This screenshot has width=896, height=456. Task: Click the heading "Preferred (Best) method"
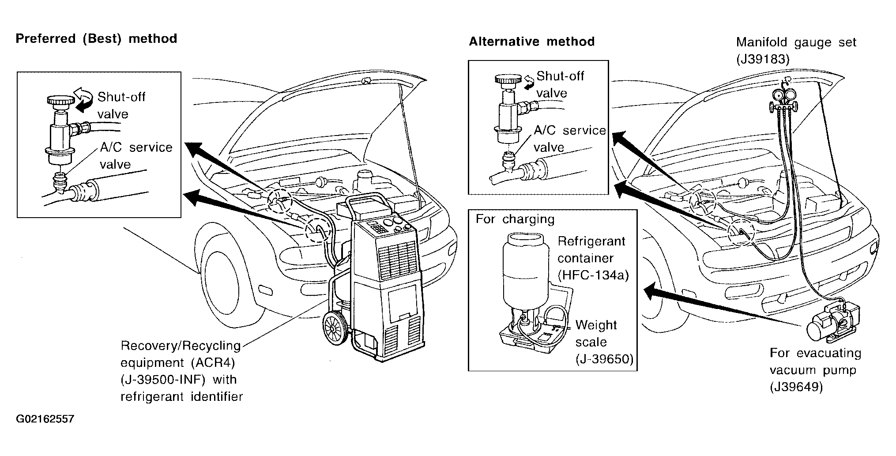96,39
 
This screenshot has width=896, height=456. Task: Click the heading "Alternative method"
531,42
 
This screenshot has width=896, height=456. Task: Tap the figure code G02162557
45,419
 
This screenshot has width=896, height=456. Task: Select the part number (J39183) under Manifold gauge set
762,60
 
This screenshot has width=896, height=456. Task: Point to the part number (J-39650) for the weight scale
604,359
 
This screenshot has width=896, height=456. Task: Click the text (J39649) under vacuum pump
796,387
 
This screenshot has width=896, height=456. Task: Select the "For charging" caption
515,219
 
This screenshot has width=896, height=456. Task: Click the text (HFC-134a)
593,275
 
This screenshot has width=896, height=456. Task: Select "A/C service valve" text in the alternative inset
569,139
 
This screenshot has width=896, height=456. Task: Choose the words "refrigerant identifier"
182,397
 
